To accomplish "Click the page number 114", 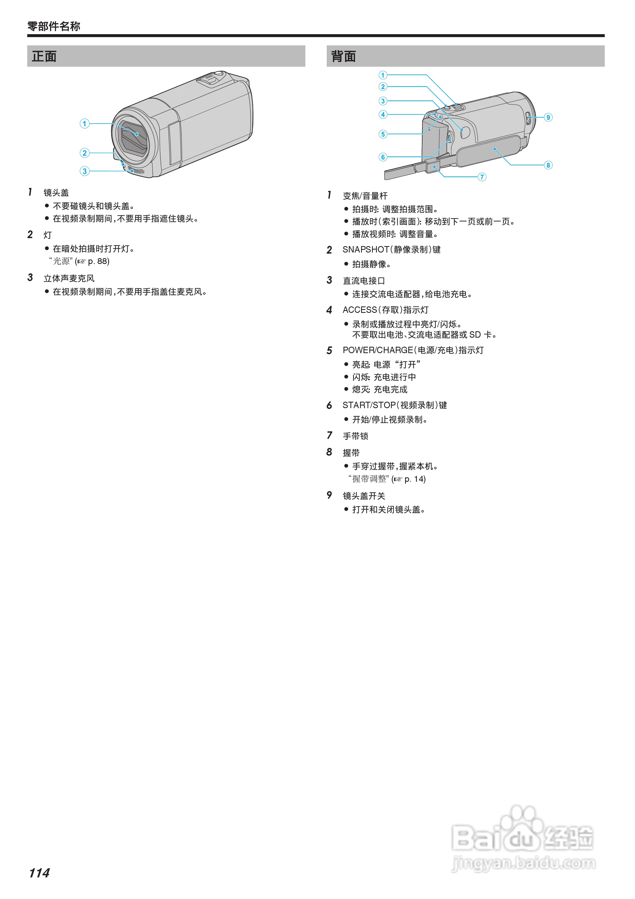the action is (39, 873).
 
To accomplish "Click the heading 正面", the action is (44, 56).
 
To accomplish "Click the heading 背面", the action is (344, 56).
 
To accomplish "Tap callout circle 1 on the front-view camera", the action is (85, 124).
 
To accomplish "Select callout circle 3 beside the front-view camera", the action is (85, 171).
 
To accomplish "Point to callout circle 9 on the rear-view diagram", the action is (548, 117).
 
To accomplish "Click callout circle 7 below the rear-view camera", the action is (482, 177).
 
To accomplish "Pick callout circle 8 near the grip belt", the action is (548, 165).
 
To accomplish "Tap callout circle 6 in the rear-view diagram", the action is (383, 157).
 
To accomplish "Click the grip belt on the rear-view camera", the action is (489, 151).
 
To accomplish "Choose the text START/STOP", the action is (369, 405).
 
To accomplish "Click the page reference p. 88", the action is (98, 261).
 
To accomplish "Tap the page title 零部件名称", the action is (54, 26).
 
